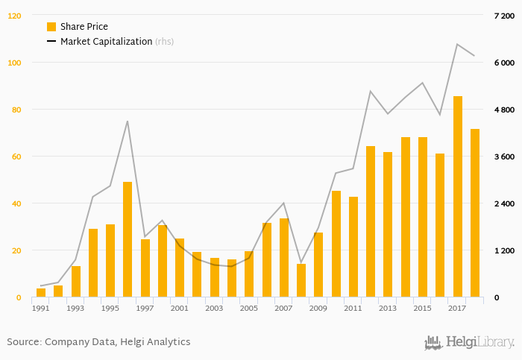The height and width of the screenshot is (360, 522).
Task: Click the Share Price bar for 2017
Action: coord(457,197)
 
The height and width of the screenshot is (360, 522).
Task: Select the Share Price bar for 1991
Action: coord(41,293)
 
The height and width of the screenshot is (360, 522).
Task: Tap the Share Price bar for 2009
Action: coord(318,265)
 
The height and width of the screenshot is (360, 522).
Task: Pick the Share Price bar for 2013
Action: coord(388,224)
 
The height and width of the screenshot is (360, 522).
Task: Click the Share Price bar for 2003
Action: coord(215,277)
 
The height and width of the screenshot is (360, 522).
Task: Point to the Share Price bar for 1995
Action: coord(110,261)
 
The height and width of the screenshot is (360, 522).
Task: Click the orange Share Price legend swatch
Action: coord(51,27)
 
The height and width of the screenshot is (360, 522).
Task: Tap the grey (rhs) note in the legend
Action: coord(164,42)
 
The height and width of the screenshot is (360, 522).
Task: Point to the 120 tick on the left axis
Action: coord(15,16)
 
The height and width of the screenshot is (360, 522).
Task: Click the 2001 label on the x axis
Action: coord(180,308)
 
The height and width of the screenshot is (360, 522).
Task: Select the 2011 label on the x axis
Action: coord(353,308)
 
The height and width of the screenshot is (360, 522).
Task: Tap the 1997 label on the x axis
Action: coord(145,308)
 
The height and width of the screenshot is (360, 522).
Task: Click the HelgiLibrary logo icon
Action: coord(433,342)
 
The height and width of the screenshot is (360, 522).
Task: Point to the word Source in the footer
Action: coord(23,341)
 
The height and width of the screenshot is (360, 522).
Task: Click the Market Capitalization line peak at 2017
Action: coord(457,44)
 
